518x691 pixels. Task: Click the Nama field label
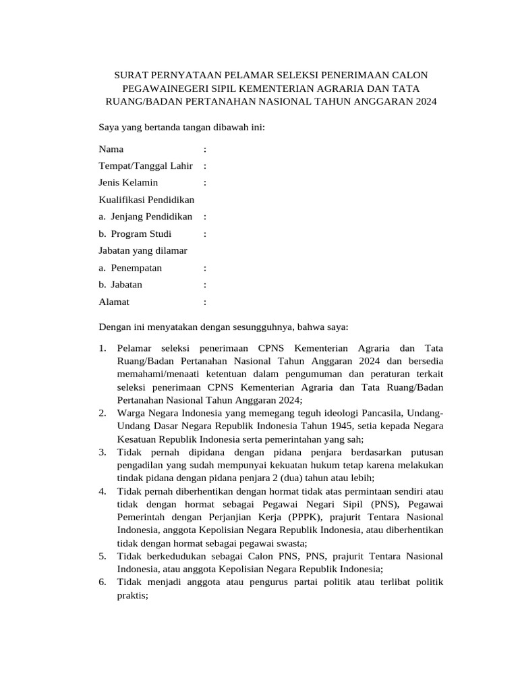[111, 148]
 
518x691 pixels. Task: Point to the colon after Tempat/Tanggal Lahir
[204, 166]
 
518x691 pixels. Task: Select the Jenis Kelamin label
[128, 183]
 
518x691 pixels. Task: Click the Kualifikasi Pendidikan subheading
[146, 200]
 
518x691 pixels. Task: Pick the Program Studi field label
[141, 234]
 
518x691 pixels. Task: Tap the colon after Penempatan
[204, 268]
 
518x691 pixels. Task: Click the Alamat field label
[114, 302]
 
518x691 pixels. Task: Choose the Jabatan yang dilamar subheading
[143, 250]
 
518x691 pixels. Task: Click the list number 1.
[102, 348]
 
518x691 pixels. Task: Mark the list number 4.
[102, 492]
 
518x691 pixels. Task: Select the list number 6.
[102, 582]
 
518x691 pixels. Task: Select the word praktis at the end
[132, 596]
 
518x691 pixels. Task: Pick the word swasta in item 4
[289, 543]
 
